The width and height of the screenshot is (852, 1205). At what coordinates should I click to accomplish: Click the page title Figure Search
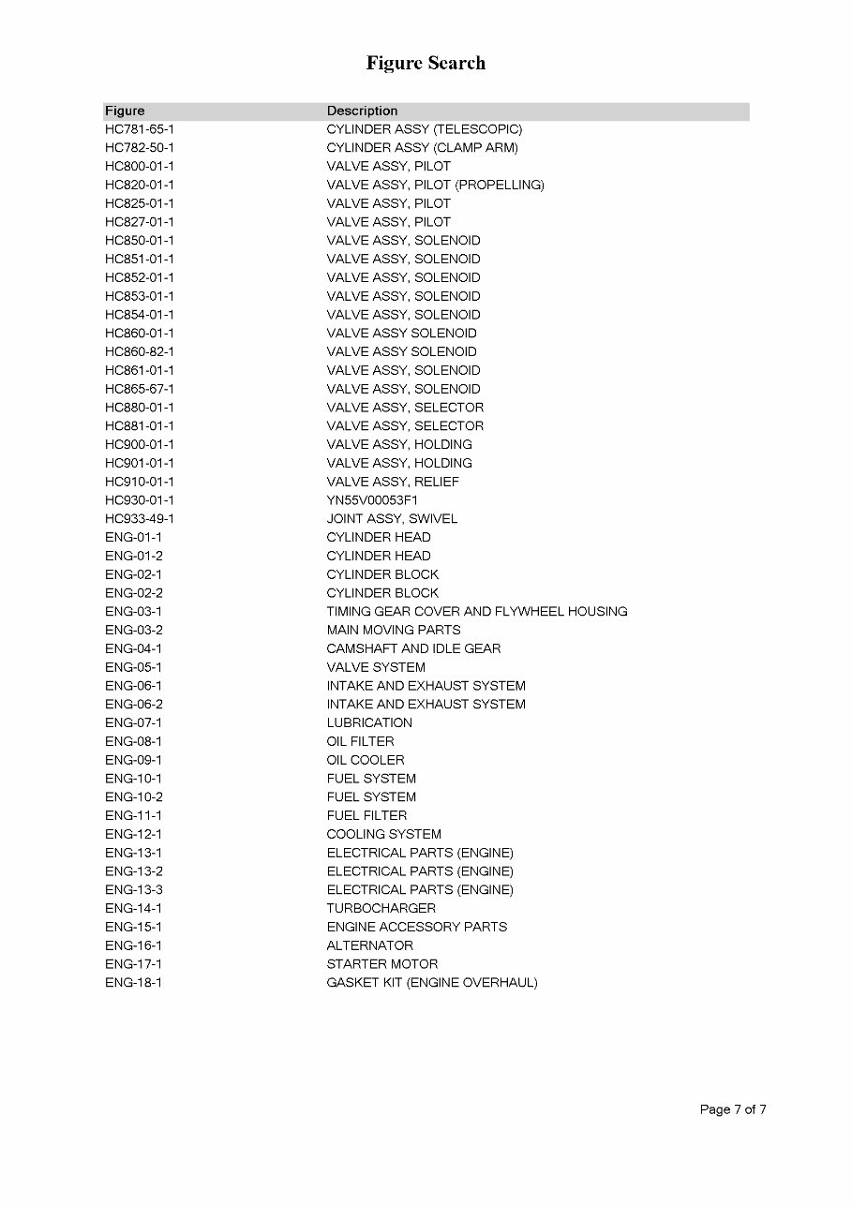(x=426, y=64)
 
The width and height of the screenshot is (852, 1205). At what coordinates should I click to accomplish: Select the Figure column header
(x=125, y=111)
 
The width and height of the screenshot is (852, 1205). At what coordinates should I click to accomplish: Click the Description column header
(x=362, y=111)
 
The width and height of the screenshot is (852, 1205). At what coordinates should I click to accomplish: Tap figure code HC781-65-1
(x=140, y=129)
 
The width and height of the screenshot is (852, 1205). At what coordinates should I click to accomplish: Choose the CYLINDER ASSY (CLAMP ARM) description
(x=422, y=148)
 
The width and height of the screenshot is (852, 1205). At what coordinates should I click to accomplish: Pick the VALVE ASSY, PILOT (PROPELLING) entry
(x=435, y=185)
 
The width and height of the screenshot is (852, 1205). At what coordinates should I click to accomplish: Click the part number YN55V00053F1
(x=372, y=500)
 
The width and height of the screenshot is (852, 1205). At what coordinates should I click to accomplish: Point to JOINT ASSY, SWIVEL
(x=392, y=519)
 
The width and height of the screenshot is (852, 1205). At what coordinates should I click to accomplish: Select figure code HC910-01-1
(x=140, y=482)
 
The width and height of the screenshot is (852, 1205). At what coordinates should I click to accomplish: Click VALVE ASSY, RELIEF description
(x=393, y=482)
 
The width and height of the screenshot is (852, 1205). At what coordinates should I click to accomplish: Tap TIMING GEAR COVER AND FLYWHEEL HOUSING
(x=477, y=612)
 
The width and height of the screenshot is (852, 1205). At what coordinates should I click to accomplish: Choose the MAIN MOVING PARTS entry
(x=394, y=631)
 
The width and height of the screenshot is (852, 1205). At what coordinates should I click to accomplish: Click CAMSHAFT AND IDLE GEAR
(x=413, y=648)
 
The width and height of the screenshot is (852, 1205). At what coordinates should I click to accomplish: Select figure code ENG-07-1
(x=133, y=723)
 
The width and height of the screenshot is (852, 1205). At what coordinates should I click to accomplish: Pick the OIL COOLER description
(x=366, y=760)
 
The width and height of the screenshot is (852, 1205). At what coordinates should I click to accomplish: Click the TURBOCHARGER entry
(x=381, y=908)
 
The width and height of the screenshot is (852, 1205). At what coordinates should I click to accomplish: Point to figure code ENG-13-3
(x=133, y=890)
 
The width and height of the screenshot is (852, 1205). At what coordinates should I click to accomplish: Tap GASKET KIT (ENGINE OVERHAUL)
(x=432, y=983)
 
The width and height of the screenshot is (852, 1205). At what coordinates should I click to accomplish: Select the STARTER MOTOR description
(x=381, y=964)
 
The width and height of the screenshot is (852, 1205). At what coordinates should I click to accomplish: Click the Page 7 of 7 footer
(x=733, y=1110)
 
